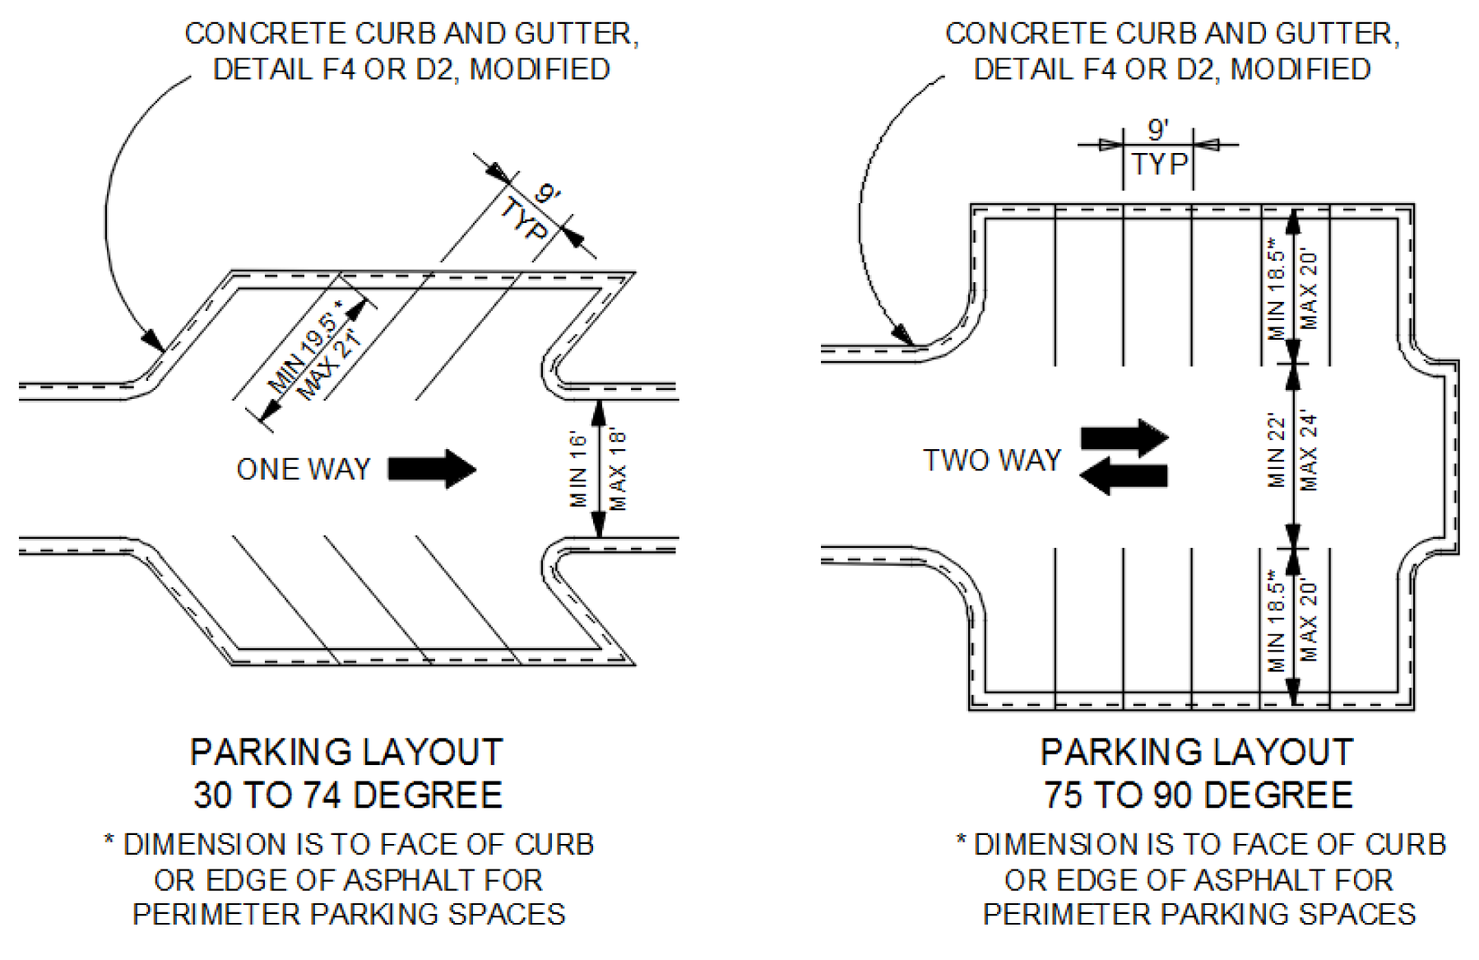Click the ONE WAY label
pos(303,470)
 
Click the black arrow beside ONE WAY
pos(432,469)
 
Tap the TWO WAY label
pos(991,461)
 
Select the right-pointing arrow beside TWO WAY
pos(1124,438)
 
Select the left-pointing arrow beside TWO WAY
pos(1123,476)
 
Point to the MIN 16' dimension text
pos(578,471)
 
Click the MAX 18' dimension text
pos(619,471)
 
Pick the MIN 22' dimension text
pos(1277,451)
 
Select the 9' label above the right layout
pos(1157,130)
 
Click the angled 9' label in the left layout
pos(547,195)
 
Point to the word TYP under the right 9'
pos(1158,165)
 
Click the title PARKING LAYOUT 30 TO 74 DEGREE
pos(347,773)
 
